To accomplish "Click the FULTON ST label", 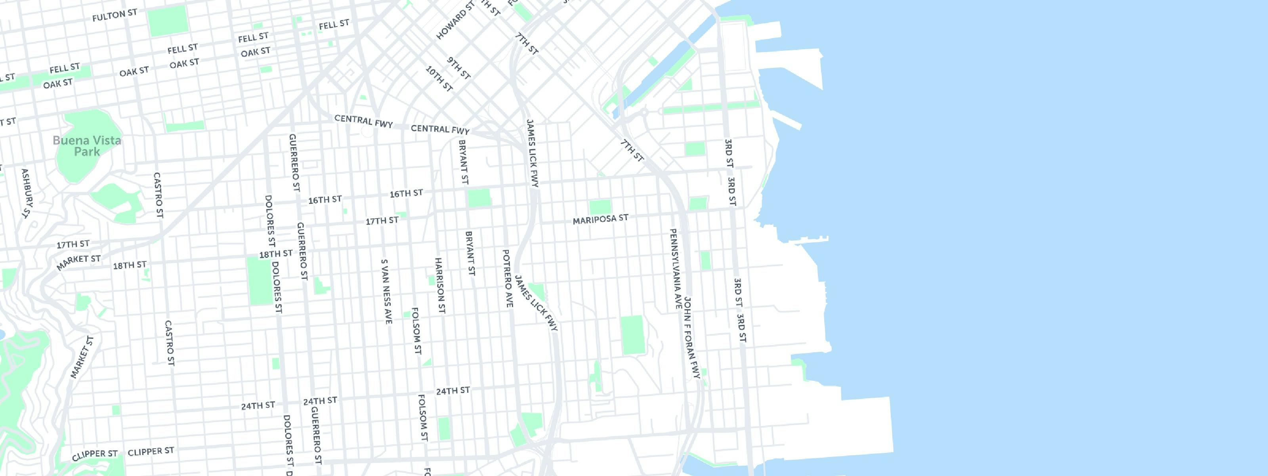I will click(114, 15).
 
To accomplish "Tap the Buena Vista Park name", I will click(87, 146).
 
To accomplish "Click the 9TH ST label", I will click(459, 68).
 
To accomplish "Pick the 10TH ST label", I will click(439, 79).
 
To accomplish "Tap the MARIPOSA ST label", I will click(601, 219).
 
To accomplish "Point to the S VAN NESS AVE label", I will click(386, 292).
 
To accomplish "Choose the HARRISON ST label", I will click(440, 285).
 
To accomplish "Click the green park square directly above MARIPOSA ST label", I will click(600, 207).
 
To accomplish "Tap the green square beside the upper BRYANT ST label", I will click(479, 198).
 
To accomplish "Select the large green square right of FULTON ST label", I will click(168, 21).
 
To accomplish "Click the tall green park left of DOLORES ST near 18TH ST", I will click(259, 280).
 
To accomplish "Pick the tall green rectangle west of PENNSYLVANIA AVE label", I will click(632, 335).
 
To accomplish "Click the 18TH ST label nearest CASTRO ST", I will click(130, 265).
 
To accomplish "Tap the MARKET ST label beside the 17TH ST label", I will click(79, 262).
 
